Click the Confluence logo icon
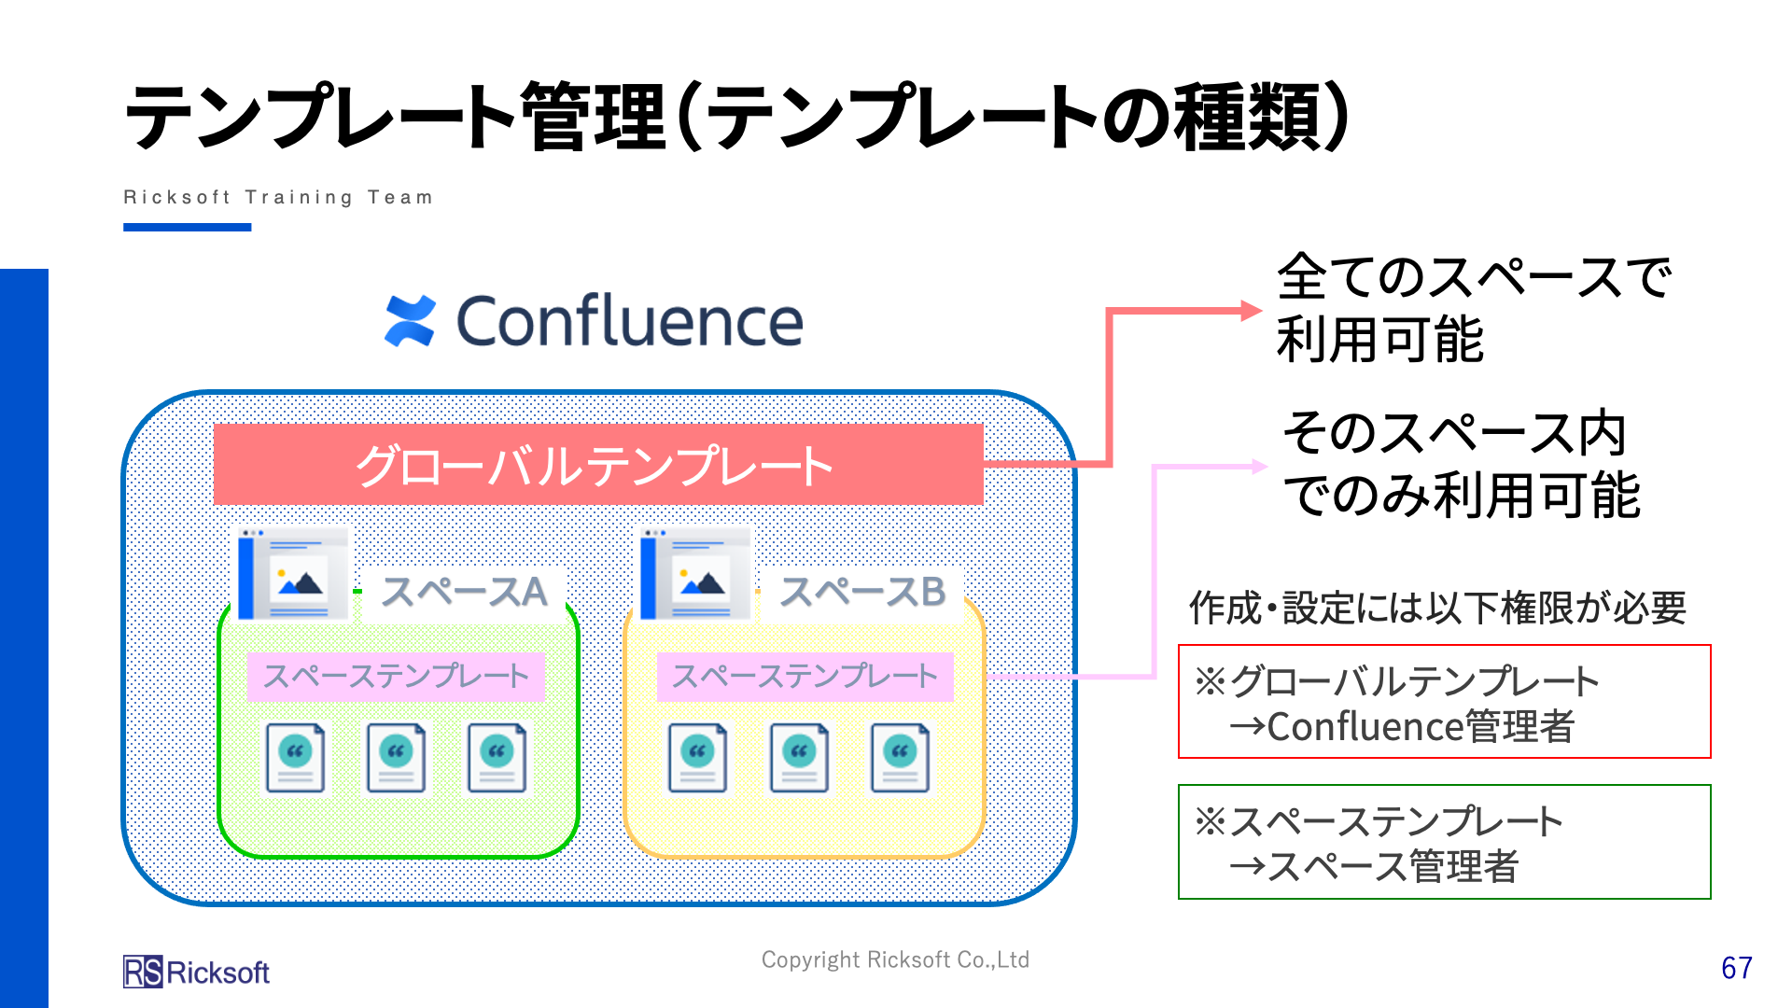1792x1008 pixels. coord(410,321)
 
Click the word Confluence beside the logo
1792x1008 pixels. coord(629,321)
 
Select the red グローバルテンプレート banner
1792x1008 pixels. coord(598,465)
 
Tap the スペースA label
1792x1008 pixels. coord(464,592)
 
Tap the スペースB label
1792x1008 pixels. coord(861,592)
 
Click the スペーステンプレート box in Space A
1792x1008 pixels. coord(396,676)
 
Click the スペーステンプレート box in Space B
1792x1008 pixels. coord(805,676)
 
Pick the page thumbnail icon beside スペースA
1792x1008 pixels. coord(293,574)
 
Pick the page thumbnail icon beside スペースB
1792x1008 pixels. coord(695,574)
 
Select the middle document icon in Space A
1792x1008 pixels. coord(396,758)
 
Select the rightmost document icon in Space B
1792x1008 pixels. coord(900,758)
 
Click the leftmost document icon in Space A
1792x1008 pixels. coord(295,758)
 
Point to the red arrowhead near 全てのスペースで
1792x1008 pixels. coord(1252,311)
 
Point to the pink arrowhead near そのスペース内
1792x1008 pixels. coord(1259,466)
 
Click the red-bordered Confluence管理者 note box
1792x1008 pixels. coord(1444,701)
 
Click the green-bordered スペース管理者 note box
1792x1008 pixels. coord(1444,842)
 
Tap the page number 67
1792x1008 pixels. coord(1736,968)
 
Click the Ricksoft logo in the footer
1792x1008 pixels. coord(196,972)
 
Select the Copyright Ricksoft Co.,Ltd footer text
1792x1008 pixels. coord(895,959)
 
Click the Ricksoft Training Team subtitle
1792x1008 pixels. coord(278,197)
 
